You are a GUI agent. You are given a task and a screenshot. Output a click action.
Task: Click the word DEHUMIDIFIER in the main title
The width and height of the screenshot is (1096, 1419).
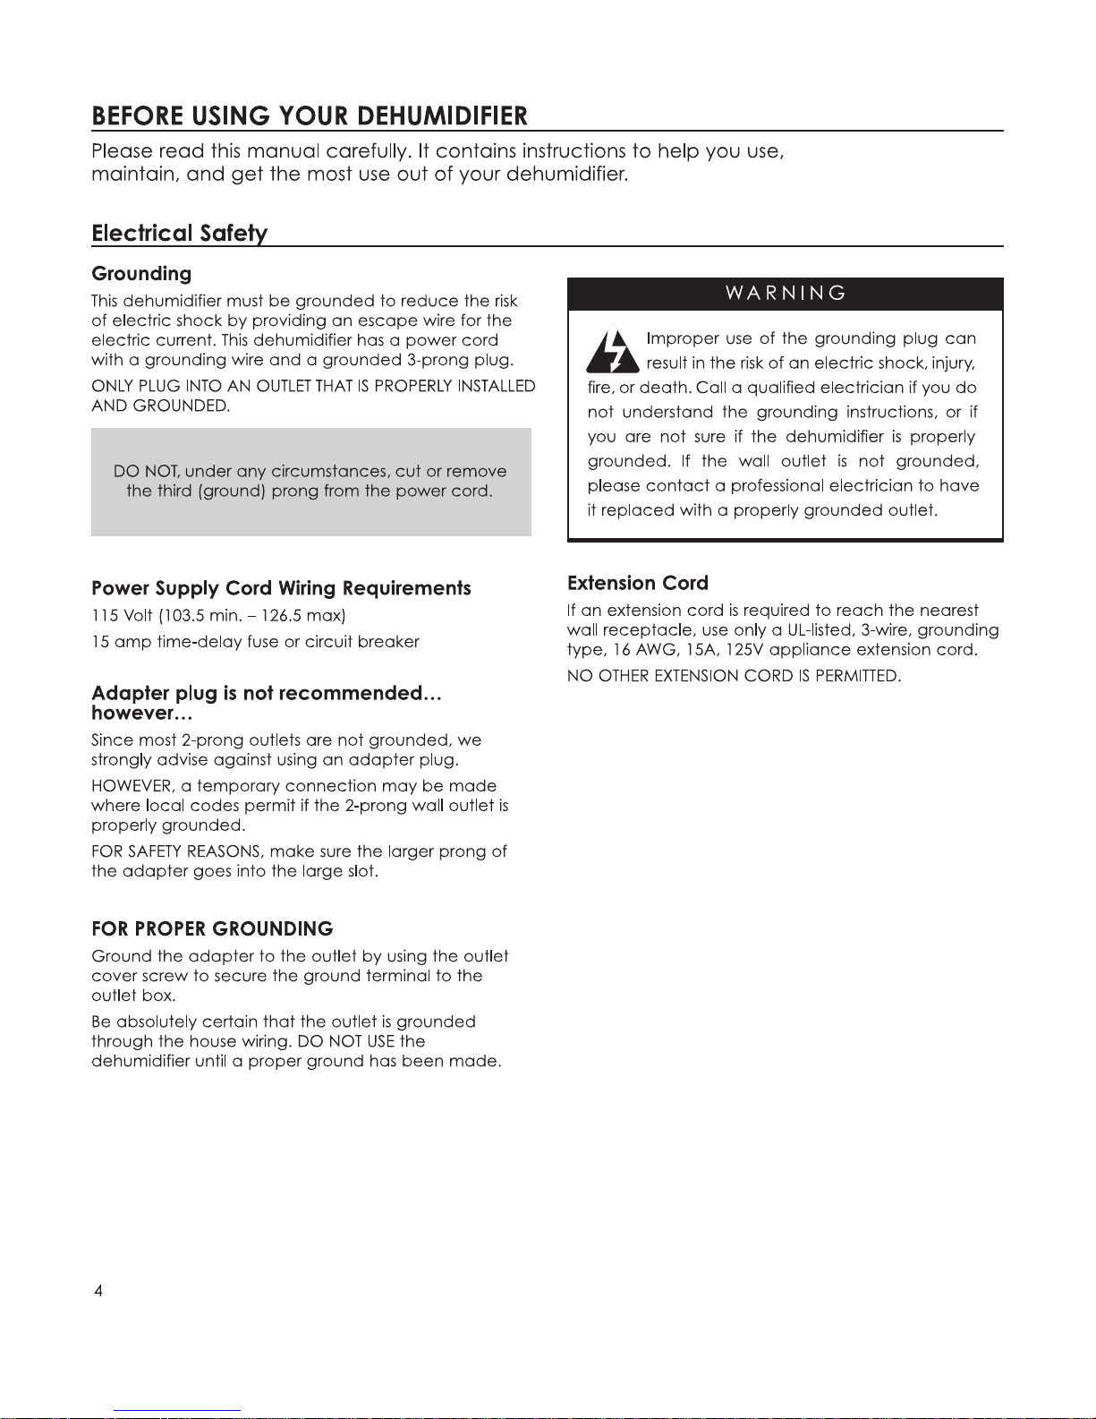442,116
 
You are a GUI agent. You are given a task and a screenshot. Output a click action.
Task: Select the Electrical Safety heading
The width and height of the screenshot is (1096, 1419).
179,234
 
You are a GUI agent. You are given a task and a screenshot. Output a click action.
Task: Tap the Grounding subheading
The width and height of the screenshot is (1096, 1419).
141,274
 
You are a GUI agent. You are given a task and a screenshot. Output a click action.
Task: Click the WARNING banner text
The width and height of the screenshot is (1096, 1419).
786,294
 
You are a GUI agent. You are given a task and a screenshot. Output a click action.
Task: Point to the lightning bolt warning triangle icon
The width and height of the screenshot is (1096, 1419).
613,352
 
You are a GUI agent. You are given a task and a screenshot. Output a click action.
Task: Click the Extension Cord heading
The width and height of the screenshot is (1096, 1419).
637,584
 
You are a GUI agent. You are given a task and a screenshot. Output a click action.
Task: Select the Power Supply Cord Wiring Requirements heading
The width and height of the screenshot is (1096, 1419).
281,588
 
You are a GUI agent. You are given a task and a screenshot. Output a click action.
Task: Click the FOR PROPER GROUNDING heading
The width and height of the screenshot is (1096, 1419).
212,929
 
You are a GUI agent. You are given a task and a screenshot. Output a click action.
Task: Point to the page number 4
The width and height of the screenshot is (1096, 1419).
98,1290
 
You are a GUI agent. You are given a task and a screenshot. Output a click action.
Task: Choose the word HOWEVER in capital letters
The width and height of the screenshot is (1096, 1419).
132,786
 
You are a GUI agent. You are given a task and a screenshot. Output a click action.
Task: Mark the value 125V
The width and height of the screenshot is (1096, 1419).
744,650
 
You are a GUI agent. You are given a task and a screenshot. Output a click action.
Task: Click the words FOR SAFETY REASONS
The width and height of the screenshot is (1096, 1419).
175,851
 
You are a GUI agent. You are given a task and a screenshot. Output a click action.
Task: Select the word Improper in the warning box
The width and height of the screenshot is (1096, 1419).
682,338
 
